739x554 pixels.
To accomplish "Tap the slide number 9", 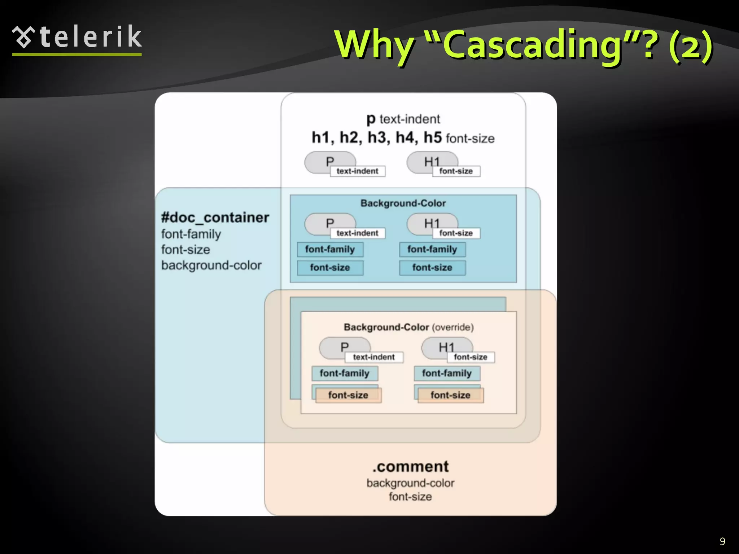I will [722, 541].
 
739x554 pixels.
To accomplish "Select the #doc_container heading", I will [215, 217].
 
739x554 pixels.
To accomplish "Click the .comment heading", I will [410, 466].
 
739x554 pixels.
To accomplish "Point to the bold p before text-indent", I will [371, 119].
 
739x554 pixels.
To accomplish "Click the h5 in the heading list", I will [432, 137].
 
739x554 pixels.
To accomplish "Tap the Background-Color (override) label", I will [408, 327].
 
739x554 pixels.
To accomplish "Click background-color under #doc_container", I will [211, 265].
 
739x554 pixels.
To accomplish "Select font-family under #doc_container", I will [191, 234].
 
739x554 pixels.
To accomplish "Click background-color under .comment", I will [410, 483].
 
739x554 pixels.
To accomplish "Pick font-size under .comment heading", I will [410, 497].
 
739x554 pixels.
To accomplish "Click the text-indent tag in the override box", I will [374, 357].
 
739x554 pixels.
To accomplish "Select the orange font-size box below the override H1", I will [450, 395].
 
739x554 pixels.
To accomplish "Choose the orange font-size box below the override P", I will [348, 395].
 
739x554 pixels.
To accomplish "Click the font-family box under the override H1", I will [447, 373].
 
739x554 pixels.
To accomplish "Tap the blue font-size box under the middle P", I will [330, 268].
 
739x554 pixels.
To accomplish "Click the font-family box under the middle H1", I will [432, 249].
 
